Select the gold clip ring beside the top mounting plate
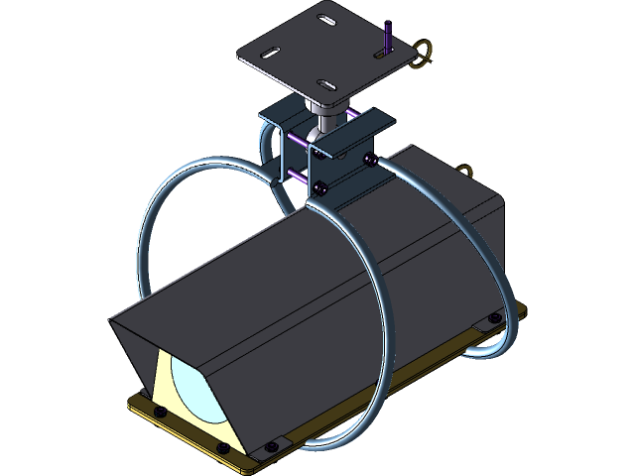coord(424,54)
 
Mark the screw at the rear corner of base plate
coord(493,319)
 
